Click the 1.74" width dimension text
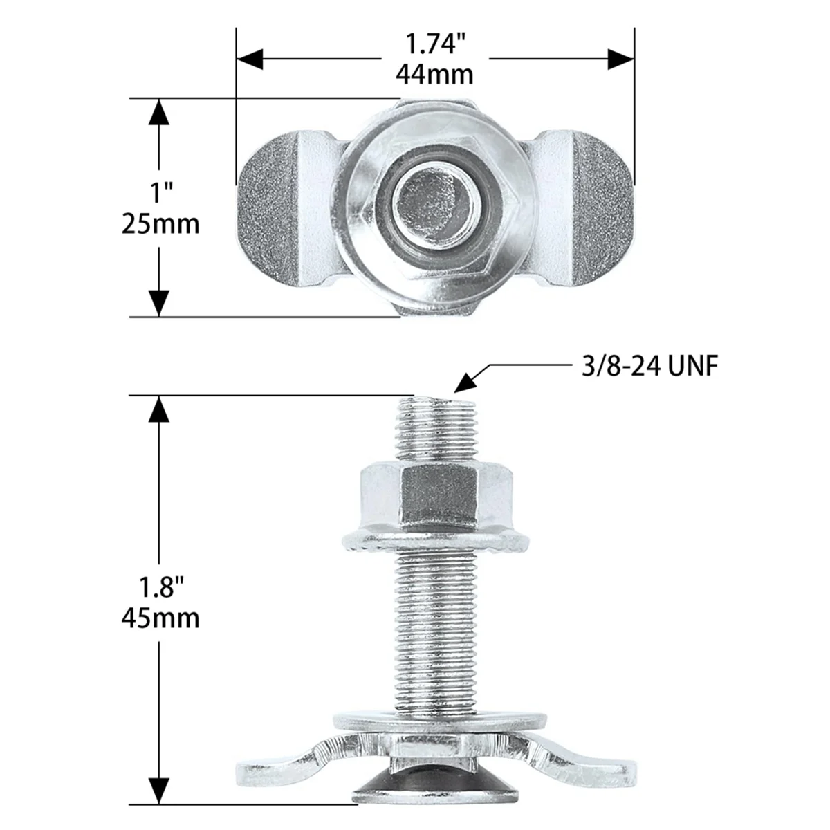(434, 45)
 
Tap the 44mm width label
(434, 73)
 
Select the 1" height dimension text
(160, 192)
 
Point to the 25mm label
(160, 223)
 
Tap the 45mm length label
(160, 618)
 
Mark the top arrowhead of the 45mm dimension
(160, 409)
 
